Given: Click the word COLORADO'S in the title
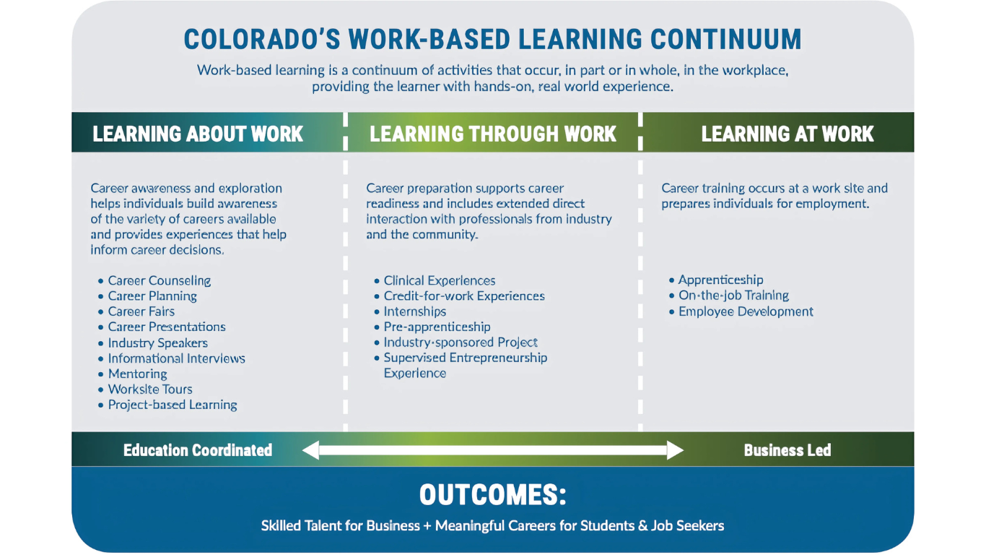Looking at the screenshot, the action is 262,39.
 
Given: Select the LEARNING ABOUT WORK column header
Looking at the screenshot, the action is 198,134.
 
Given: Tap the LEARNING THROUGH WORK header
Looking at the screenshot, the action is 492,134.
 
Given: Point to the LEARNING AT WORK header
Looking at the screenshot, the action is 787,134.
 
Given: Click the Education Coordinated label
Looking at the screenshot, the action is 198,450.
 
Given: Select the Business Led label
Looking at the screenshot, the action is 788,450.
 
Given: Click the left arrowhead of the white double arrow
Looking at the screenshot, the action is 311,450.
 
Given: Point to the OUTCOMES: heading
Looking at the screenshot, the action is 492,494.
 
